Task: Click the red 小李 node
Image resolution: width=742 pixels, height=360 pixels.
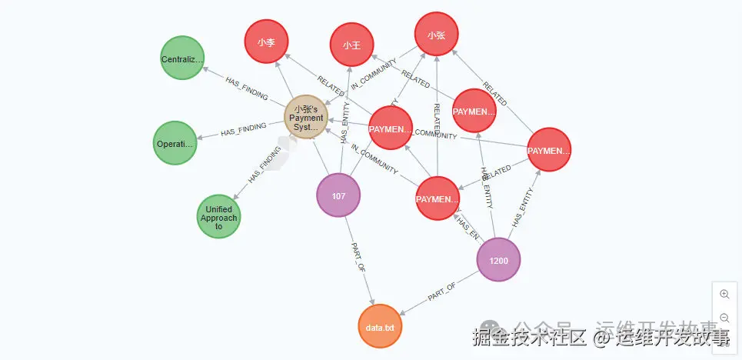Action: point(266,42)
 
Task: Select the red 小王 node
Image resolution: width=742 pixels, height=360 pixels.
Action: point(352,45)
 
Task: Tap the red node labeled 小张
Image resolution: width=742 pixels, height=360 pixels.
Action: point(436,35)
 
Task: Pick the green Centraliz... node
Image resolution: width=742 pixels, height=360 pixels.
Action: point(182,59)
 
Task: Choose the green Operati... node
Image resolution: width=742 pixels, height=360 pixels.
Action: point(175,144)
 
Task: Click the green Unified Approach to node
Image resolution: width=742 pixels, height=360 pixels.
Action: point(219,217)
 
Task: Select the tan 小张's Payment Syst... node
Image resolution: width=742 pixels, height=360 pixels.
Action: point(306,118)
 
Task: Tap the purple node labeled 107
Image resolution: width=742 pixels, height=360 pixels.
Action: point(338,196)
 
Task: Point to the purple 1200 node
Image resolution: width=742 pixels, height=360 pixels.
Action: point(498,261)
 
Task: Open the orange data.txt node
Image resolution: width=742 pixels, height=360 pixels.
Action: point(380,328)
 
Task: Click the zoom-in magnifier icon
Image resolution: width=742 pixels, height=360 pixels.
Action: point(724,294)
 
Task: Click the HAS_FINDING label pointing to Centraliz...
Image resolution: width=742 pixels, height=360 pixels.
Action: point(246,88)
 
